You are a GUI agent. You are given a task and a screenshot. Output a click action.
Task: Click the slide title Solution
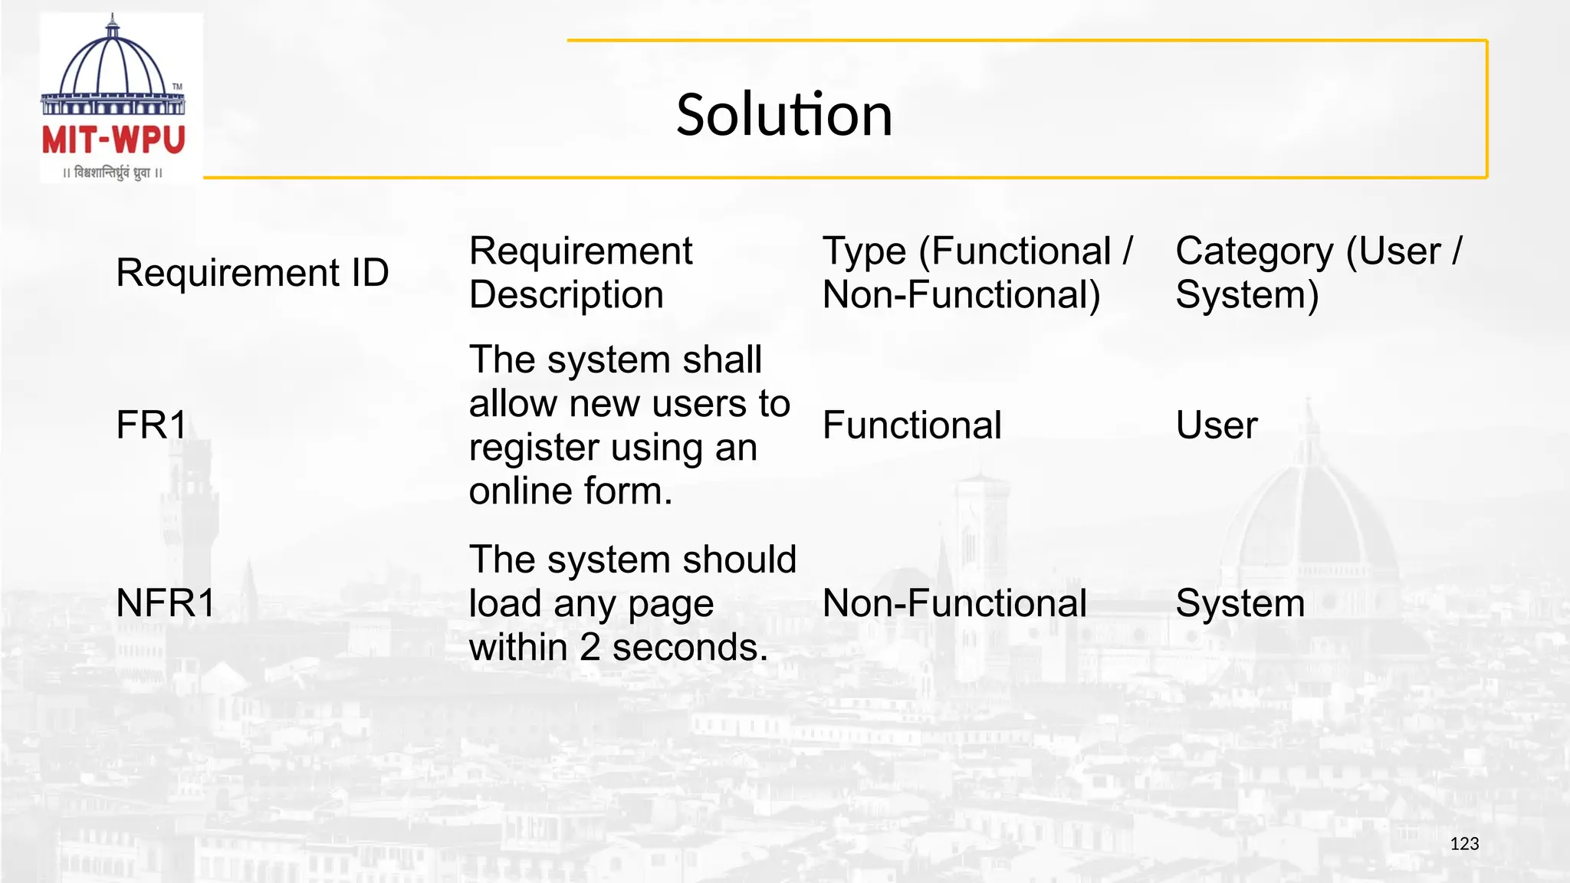point(784,115)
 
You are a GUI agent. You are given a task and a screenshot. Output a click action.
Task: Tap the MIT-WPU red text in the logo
point(113,141)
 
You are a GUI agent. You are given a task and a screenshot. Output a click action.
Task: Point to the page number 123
point(1464,844)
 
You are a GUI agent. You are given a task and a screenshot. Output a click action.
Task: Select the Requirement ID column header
point(252,273)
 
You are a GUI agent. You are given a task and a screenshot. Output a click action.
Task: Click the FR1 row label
point(151,425)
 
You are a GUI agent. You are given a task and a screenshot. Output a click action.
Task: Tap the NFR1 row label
point(166,603)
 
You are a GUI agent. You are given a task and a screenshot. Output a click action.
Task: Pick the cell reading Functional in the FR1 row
point(911,425)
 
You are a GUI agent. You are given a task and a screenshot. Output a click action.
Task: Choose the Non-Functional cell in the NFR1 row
point(954,603)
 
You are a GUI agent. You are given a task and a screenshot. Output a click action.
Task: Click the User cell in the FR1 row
point(1217,425)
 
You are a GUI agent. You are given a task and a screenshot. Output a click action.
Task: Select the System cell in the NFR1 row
point(1240,603)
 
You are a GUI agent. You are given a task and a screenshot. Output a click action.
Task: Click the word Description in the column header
point(566,295)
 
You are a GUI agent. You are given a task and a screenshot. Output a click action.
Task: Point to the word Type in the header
point(864,251)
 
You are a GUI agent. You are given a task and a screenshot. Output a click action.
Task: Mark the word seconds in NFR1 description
point(690,648)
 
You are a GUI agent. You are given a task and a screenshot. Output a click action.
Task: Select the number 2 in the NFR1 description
point(590,648)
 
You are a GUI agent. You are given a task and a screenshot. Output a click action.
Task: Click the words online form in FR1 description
point(570,491)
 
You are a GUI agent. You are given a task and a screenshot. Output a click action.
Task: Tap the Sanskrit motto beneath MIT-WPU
point(113,173)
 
